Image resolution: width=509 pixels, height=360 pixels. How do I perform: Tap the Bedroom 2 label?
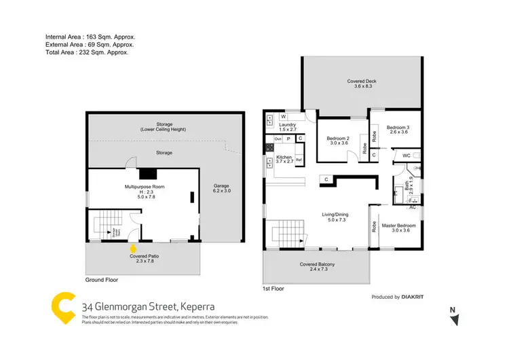tap(333, 139)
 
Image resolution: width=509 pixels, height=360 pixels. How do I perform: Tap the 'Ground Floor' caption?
tap(102, 279)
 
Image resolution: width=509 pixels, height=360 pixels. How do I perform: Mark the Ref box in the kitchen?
tap(299, 160)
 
